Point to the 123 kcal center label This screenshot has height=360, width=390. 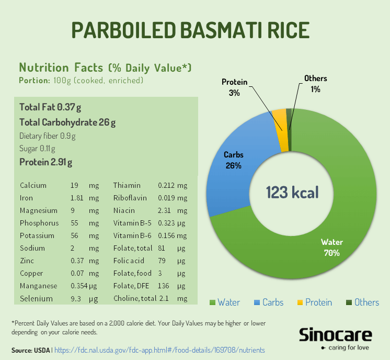click(292, 192)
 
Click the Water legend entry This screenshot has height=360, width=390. click(225, 302)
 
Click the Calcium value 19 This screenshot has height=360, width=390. click(74, 185)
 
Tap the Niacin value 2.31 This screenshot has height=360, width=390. click(166, 211)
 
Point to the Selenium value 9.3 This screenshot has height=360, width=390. click(76, 299)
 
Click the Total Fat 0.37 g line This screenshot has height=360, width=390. click(50, 107)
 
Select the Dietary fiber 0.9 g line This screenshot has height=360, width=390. click(47, 136)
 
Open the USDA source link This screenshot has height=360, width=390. click(159, 350)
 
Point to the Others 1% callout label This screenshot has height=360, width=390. click(315, 84)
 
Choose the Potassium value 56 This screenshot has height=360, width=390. click(75, 236)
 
